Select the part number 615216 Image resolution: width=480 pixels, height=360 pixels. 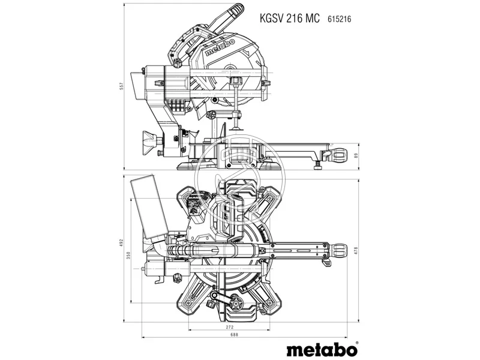(x=339, y=19)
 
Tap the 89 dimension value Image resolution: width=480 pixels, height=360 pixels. (x=357, y=156)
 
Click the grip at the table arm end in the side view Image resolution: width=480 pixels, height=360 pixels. (x=337, y=156)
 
